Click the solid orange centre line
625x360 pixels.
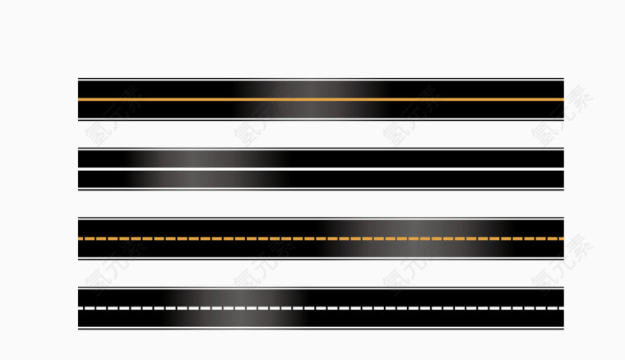click(321, 99)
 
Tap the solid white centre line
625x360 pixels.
click(321, 169)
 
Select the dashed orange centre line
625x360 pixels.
click(321, 238)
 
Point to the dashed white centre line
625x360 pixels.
click(321, 308)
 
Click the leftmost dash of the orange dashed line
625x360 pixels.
click(82, 238)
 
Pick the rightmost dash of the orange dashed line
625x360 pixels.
click(560, 238)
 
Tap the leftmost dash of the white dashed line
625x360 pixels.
click(82, 308)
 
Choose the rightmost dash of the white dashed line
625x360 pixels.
click(560, 308)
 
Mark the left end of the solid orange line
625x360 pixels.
click(80, 99)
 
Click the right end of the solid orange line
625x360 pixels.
click(562, 99)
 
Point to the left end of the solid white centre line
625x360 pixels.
click(80, 169)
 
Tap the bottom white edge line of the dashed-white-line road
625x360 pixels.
click(321, 328)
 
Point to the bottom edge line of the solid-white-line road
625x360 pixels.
click(321, 188)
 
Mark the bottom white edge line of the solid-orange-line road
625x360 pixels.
click(321, 119)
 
